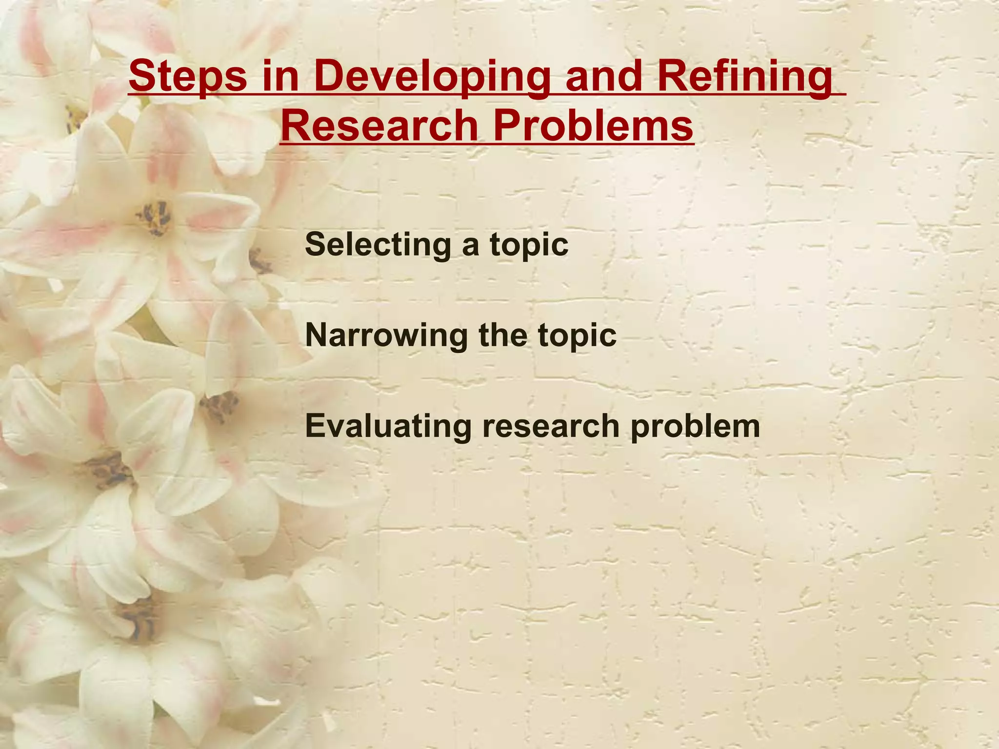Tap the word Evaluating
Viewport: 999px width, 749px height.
point(388,427)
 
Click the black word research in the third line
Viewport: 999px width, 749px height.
point(550,426)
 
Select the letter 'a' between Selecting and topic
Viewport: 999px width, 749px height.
point(470,245)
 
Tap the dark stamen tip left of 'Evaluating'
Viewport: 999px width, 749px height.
point(220,405)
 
